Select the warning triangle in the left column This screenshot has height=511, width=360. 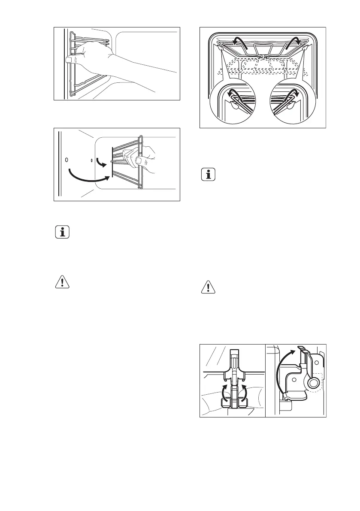(62, 282)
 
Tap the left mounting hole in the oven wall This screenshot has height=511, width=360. (67, 160)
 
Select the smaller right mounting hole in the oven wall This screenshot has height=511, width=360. (92, 160)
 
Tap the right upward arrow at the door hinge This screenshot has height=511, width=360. (243, 393)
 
